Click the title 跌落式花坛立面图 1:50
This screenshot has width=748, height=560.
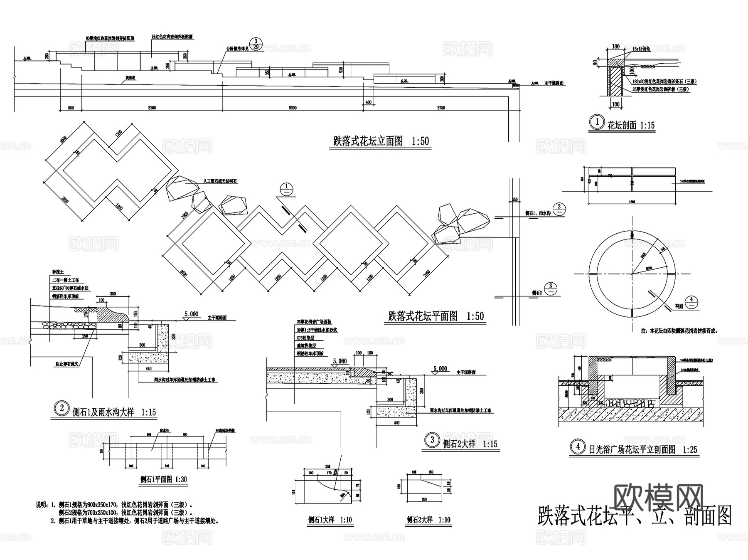(x=381, y=141)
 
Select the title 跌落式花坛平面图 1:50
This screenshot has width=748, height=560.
(x=436, y=316)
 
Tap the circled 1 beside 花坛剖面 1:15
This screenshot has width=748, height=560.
(x=597, y=123)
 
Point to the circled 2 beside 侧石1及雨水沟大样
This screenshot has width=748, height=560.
(x=62, y=408)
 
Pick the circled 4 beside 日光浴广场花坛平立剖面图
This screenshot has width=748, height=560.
(x=578, y=447)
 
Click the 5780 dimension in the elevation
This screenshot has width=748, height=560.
(x=441, y=108)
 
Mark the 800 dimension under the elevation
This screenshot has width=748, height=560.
(x=71, y=108)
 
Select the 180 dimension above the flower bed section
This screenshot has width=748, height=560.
(x=616, y=47)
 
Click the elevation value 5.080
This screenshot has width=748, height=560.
(x=340, y=361)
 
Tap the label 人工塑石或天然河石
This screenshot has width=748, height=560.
(x=220, y=182)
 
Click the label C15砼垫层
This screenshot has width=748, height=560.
(x=305, y=338)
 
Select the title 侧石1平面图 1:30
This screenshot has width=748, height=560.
(x=163, y=479)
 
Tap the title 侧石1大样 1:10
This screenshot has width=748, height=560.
(x=330, y=520)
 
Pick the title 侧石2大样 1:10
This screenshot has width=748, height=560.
(x=428, y=520)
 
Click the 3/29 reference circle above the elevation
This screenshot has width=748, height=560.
(x=256, y=44)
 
